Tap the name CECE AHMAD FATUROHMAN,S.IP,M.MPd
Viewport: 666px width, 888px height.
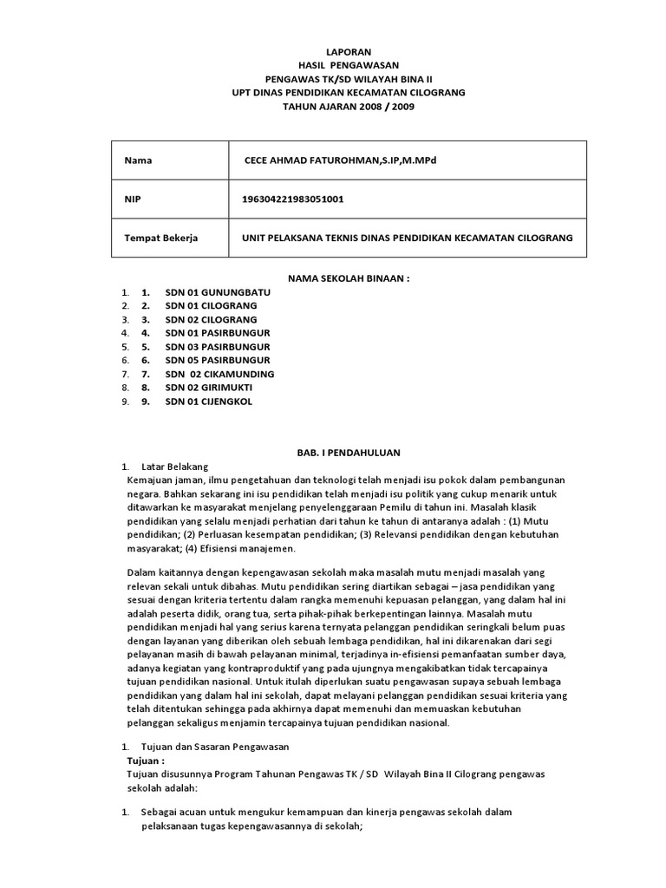point(352,160)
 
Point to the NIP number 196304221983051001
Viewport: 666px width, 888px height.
point(293,199)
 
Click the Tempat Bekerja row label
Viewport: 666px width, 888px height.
point(161,238)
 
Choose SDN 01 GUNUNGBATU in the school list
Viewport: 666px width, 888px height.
point(217,292)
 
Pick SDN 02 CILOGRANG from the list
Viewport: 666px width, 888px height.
point(211,319)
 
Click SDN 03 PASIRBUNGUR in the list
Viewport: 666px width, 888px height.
point(217,346)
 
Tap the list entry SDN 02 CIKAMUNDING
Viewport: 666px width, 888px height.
point(219,374)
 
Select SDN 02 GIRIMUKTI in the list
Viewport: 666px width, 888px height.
point(212,388)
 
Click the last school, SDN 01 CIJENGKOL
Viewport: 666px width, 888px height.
point(211,402)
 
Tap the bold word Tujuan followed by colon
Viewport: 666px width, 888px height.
point(145,760)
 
